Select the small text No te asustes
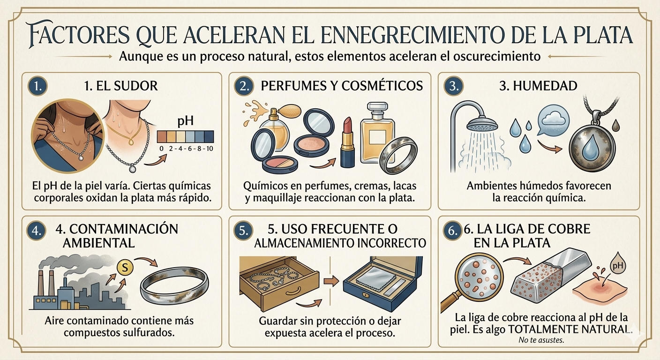[541, 340]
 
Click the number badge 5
[242, 231]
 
